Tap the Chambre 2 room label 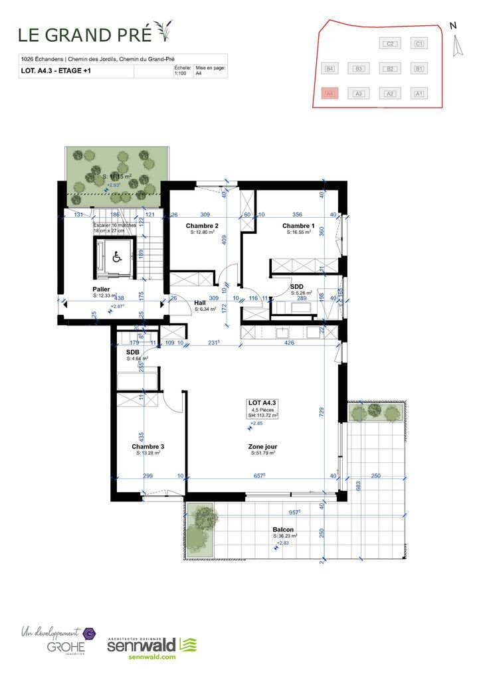coord(202,226)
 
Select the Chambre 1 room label coord(298,226)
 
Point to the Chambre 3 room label coord(147,446)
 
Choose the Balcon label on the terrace coord(284,529)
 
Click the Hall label coord(200,303)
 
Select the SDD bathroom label coord(298,286)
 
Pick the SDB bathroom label coord(133,353)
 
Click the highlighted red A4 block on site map coord(330,94)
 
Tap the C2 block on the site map coord(391,44)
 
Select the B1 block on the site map coord(419,68)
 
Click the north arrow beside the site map coord(456,45)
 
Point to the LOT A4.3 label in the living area coord(262,403)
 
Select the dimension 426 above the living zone coord(289,343)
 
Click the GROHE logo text coord(60,645)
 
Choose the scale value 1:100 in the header coord(179,74)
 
